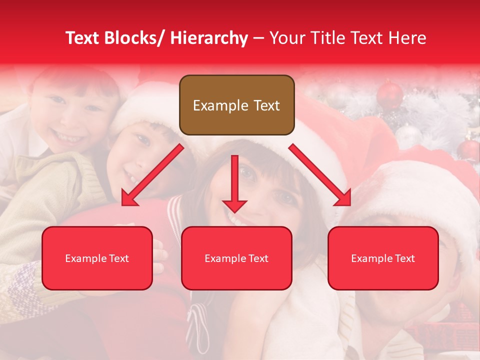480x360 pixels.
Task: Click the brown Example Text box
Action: [x=236, y=105]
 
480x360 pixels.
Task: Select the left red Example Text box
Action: [x=97, y=258]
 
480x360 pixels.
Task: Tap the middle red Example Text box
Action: [x=236, y=258]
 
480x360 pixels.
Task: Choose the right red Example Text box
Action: [x=383, y=258]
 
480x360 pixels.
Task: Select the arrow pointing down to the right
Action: [x=320, y=175]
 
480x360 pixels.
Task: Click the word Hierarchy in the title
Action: [x=208, y=38]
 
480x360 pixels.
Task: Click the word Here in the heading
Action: [x=407, y=38]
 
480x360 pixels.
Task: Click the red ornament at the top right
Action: [x=390, y=94]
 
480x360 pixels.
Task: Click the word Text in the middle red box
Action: [x=258, y=258]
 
